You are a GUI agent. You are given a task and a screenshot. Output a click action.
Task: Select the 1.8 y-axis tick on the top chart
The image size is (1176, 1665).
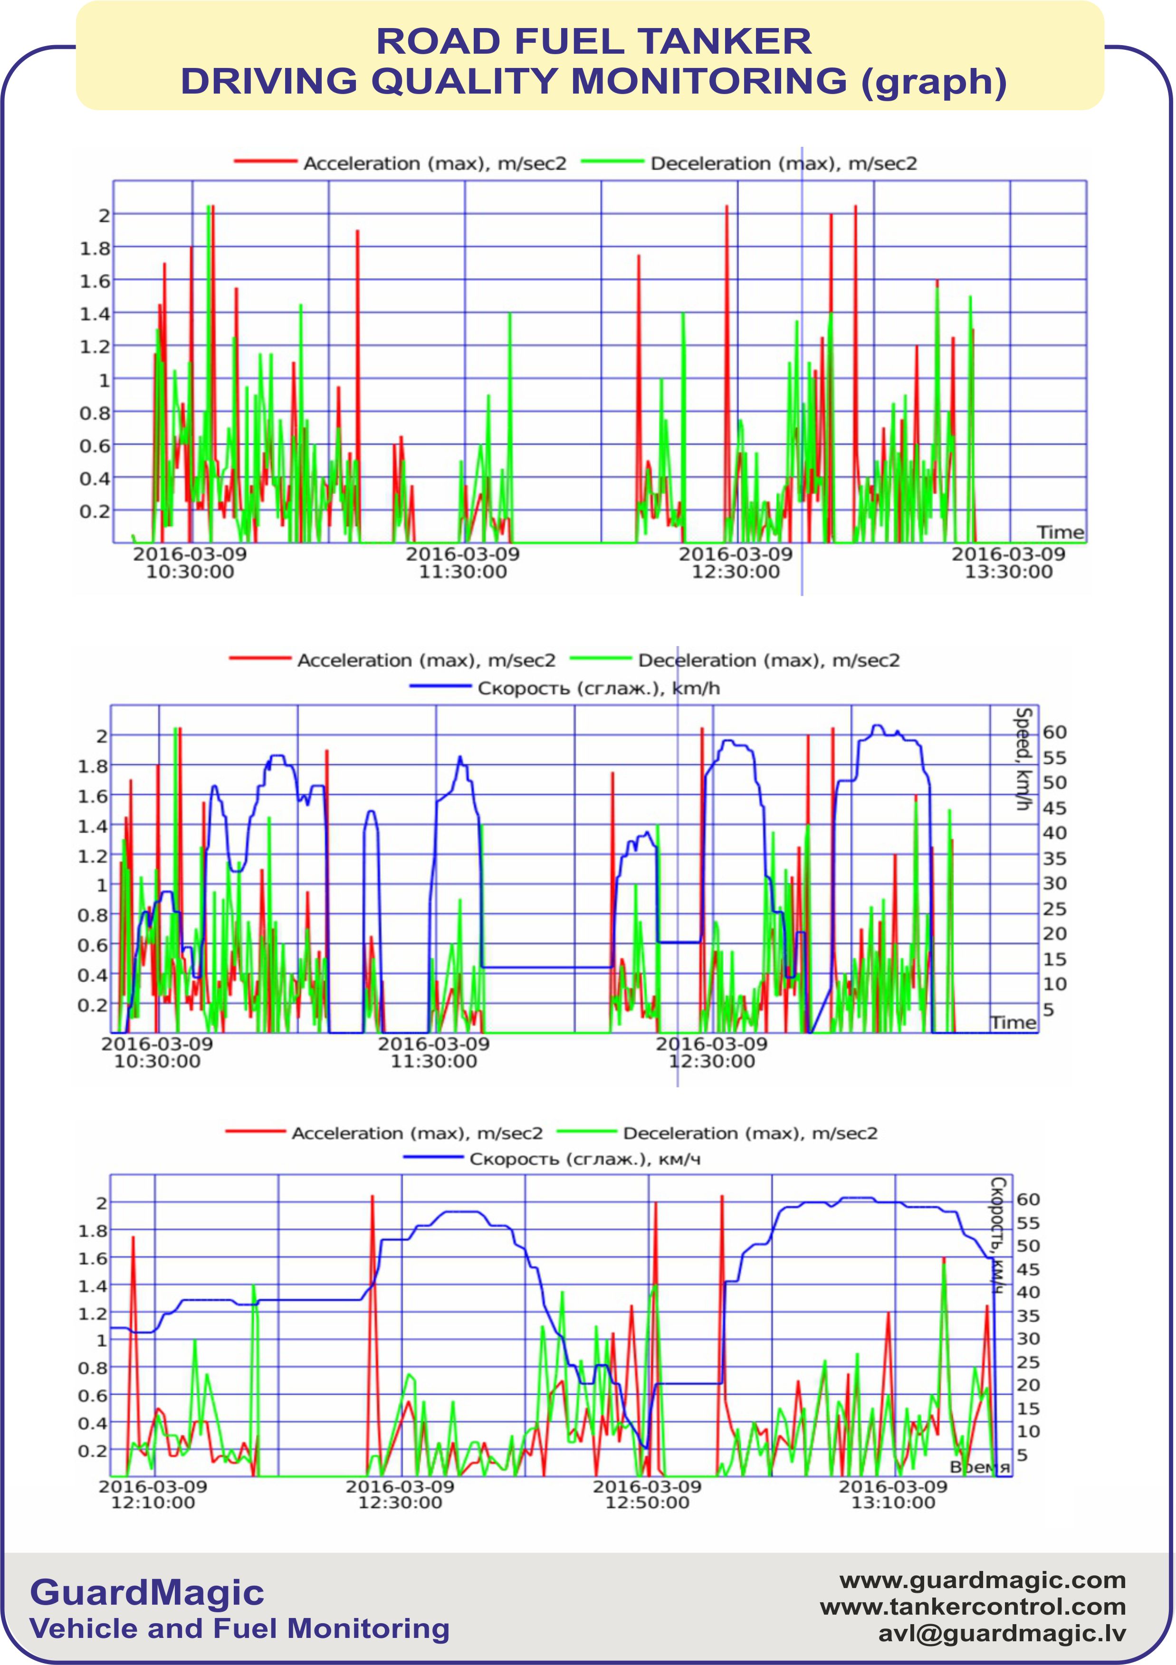[x=95, y=248]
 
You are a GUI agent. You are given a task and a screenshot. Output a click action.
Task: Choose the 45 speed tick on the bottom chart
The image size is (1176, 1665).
[x=1027, y=1269]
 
